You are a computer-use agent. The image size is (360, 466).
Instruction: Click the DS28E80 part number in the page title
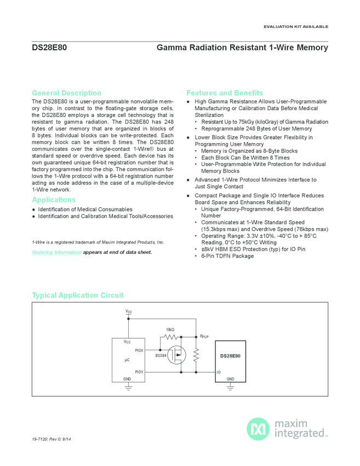coord(49,48)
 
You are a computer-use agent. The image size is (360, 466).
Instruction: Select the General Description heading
coord(66,93)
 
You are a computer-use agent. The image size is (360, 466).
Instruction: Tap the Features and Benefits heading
coord(225,93)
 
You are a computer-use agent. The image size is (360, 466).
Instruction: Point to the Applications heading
coord(54,200)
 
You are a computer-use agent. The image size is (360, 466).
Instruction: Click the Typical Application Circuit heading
coord(78,295)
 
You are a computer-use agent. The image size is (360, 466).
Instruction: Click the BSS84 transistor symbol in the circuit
coord(178,355)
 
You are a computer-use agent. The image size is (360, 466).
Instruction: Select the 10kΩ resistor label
coord(170,329)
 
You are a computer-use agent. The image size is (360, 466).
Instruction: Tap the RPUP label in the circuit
coord(204,336)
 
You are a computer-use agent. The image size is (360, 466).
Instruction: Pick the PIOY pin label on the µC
coord(139,372)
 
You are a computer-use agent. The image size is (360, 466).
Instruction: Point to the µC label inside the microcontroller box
coord(127,360)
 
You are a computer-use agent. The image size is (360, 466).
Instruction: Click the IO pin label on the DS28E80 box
coord(219,372)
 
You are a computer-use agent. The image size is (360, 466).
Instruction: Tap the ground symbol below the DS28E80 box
coord(231,387)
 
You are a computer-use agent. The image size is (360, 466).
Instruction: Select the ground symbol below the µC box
coord(128,387)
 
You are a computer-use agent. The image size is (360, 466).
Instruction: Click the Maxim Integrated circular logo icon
coord(258,429)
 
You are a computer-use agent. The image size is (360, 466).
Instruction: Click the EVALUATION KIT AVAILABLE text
coord(296,26)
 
